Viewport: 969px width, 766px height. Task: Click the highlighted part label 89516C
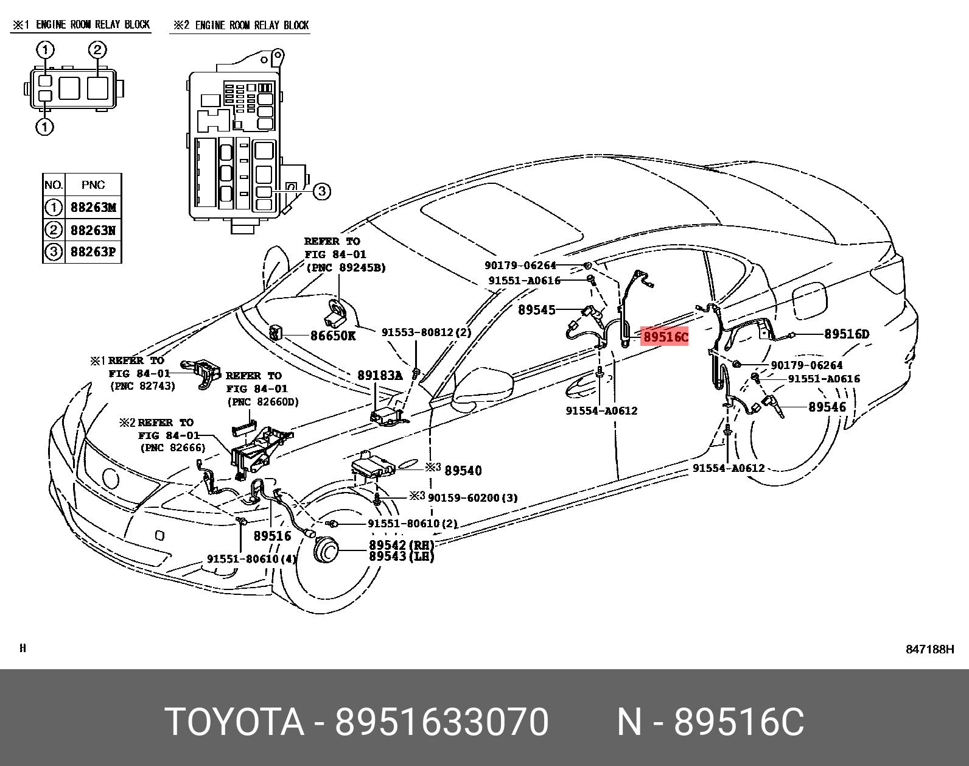pyautogui.click(x=665, y=336)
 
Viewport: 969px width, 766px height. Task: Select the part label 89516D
pyautogui.click(x=847, y=334)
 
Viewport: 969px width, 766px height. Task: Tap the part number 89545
pyautogui.click(x=536, y=310)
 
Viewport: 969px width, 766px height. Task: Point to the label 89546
pyautogui.click(x=827, y=407)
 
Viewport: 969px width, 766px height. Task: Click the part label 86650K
pyautogui.click(x=333, y=336)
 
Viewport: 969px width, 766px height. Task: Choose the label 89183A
pyautogui.click(x=380, y=376)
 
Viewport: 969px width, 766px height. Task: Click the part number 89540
pyautogui.click(x=463, y=470)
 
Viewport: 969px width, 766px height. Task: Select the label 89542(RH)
pyautogui.click(x=401, y=545)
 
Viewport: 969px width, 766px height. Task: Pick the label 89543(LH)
pyautogui.click(x=401, y=557)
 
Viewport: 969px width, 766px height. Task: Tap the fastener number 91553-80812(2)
pyautogui.click(x=426, y=332)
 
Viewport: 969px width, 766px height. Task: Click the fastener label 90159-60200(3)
pyautogui.click(x=472, y=497)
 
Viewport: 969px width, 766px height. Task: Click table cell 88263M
pyautogui.click(x=93, y=208)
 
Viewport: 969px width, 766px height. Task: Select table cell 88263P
pyautogui.click(x=93, y=251)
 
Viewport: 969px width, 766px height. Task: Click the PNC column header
pyautogui.click(x=93, y=184)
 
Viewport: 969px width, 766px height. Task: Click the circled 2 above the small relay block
pyautogui.click(x=97, y=50)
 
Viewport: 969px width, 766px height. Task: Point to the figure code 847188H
pyautogui.click(x=929, y=649)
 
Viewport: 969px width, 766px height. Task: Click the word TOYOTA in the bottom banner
pyautogui.click(x=234, y=722)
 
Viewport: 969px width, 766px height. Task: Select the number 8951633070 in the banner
pyautogui.click(x=442, y=722)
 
